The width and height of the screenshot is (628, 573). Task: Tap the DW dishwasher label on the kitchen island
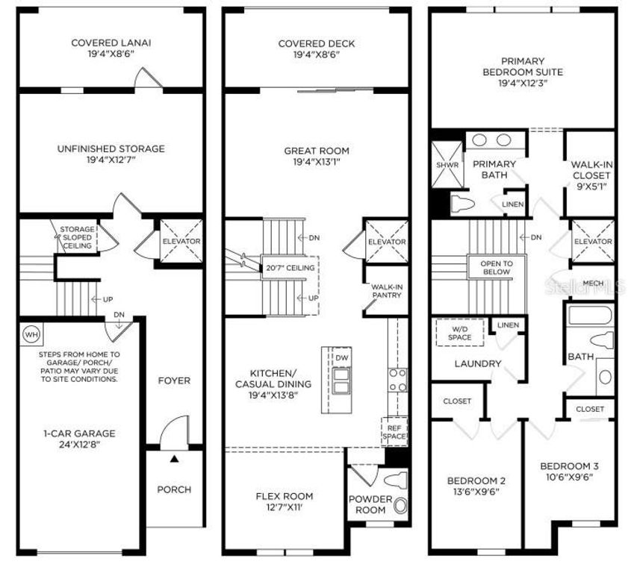[341, 359]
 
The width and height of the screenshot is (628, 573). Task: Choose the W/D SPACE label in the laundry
[460, 333]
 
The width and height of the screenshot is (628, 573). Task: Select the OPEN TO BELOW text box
[496, 267]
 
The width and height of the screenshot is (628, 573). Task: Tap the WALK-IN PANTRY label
[387, 290]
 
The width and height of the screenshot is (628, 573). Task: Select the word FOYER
[174, 381]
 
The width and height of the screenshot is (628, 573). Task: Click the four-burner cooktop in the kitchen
[397, 381]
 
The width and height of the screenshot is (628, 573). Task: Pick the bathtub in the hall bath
[591, 314]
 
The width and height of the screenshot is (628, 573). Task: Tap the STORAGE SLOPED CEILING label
[78, 237]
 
